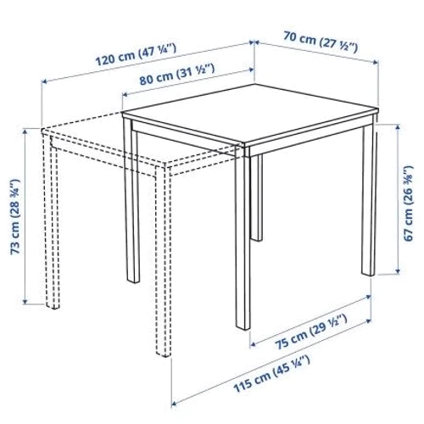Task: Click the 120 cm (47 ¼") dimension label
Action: (x=136, y=54)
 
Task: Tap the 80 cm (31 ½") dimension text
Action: (x=177, y=75)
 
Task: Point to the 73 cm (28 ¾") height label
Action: (x=15, y=216)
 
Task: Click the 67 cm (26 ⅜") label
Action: (x=409, y=204)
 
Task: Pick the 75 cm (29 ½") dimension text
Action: (x=311, y=332)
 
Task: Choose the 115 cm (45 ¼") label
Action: (x=271, y=374)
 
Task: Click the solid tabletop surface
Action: (x=250, y=114)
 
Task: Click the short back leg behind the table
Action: (x=257, y=198)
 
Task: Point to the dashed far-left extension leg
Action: (x=53, y=222)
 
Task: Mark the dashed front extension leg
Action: (x=164, y=261)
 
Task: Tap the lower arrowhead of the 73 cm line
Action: (x=25, y=302)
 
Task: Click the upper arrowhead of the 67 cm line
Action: (x=399, y=126)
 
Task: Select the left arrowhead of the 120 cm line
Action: (x=44, y=82)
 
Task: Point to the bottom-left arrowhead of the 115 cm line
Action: (x=175, y=403)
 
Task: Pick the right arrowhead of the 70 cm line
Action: (x=376, y=63)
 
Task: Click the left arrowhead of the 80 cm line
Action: (x=126, y=94)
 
